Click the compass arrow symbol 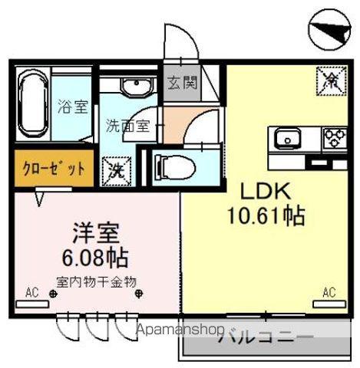coord(333,31)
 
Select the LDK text coord(266,189)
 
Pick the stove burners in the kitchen coord(335,139)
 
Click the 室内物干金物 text coord(96,281)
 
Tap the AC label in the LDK coord(329,291)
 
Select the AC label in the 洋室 coord(31,292)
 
